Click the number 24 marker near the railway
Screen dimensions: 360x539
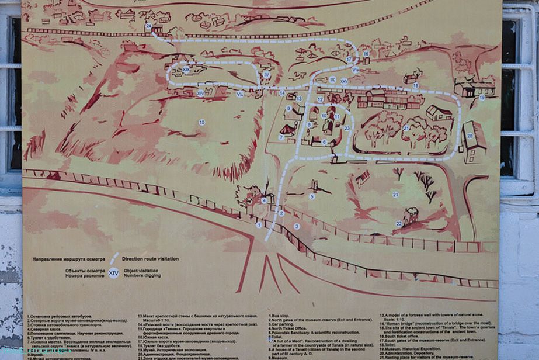pos(149,27)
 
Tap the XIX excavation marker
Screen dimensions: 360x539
pos(186,70)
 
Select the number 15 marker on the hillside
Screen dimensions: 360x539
pos(202,122)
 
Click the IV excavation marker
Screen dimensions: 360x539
pos(266,75)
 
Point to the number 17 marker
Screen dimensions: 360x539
pos(349,59)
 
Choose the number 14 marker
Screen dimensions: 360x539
pos(282,93)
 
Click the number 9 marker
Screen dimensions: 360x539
pos(288,108)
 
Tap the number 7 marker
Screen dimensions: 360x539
pos(281,137)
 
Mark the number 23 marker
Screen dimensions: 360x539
pos(347,127)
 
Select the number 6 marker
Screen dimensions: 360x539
pos(324,141)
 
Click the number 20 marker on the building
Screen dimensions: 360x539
pos(470,136)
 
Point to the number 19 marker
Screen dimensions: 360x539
pos(482,98)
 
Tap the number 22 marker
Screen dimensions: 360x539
pos(399,223)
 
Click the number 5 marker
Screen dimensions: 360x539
pos(312,197)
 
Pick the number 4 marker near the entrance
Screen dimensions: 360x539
pos(264,200)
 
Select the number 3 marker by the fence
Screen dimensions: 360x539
pos(297,226)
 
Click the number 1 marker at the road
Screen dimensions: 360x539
pos(259,224)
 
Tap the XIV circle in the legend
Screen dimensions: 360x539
pos(114,272)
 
